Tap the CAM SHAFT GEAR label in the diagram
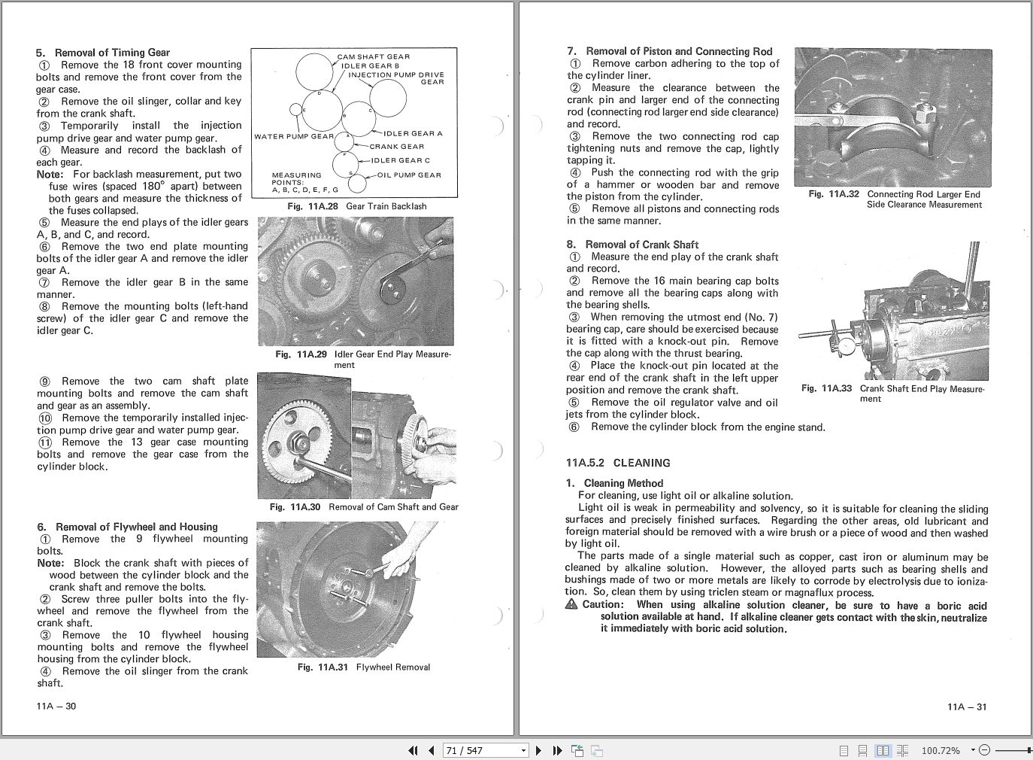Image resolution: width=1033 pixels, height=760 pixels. point(373,56)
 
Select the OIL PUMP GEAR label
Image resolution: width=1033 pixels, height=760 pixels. point(409,175)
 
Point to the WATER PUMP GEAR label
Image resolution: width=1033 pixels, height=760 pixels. point(293,137)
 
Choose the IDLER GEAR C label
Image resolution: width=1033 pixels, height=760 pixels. point(401,160)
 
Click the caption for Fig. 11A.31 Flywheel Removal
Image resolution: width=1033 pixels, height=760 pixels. point(364,667)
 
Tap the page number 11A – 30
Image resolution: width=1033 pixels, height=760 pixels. point(56,706)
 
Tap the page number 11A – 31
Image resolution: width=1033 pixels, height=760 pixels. point(967,707)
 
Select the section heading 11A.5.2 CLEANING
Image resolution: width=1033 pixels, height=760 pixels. point(618,463)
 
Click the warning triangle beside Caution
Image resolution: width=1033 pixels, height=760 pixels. point(572,605)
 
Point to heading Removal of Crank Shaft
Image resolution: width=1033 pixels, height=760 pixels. point(641,245)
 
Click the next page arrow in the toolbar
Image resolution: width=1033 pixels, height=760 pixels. point(538,750)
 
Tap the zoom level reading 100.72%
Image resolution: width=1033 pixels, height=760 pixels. point(941,750)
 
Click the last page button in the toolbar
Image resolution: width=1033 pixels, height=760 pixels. point(557,750)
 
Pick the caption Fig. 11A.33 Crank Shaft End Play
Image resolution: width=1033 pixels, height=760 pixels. point(892,394)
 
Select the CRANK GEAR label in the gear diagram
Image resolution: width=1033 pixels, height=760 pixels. point(396,147)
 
